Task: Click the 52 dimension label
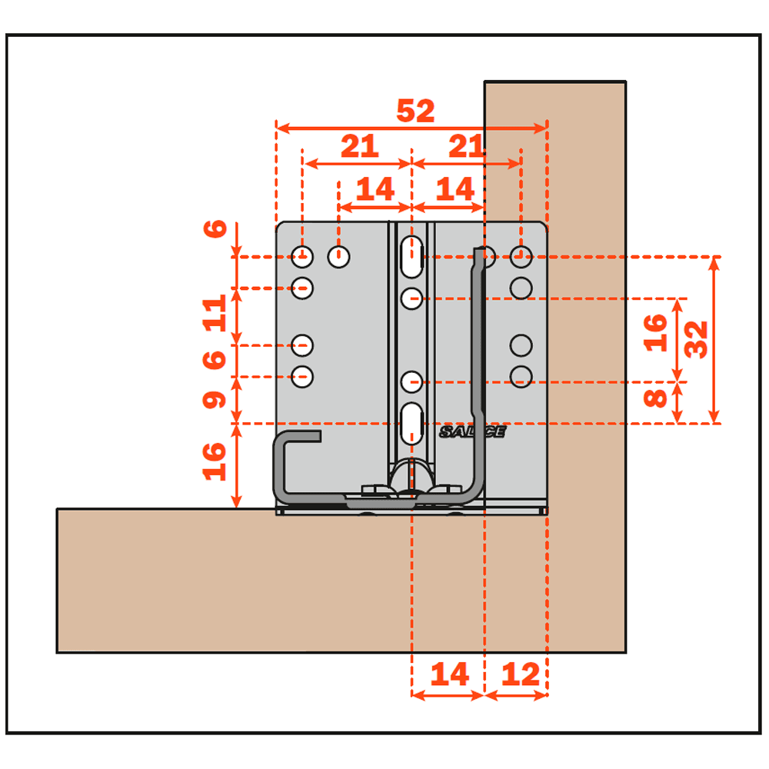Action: click(x=415, y=111)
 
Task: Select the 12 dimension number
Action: click(x=521, y=674)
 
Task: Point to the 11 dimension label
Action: click(x=215, y=314)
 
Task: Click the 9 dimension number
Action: click(x=215, y=400)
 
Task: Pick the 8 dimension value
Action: click(x=654, y=398)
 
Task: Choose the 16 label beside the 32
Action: click(x=655, y=334)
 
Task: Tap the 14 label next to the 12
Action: click(x=449, y=674)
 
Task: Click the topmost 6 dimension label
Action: click(x=215, y=228)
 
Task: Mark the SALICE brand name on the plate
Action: click(x=472, y=431)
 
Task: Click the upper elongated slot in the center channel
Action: click(x=411, y=257)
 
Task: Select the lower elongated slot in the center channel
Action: click(x=411, y=424)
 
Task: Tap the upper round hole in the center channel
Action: click(x=411, y=298)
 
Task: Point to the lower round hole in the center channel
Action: click(x=411, y=382)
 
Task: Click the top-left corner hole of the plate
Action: click(x=302, y=257)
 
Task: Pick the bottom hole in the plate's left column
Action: click(x=302, y=377)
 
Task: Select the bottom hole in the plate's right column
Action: click(x=521, y=377)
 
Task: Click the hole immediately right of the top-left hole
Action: click(x=338, y=257)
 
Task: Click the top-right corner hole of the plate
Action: click(x=521, y=257)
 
